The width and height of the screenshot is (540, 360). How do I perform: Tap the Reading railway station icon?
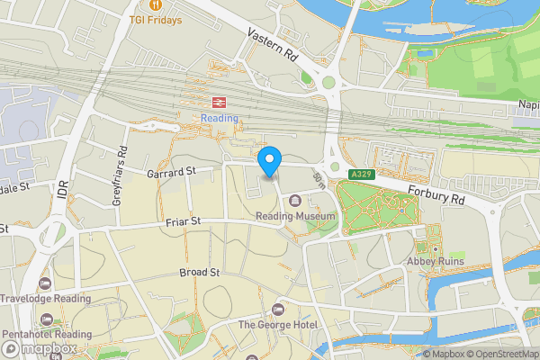[218, 102]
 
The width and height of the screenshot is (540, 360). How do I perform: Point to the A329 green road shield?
[362, 173]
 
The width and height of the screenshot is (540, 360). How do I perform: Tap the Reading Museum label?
[295, 216]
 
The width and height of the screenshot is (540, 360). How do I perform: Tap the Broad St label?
[199, 272]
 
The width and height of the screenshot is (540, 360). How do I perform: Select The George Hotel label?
[278, 324]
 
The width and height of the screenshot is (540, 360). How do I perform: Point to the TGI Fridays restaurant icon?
[157, 4]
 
